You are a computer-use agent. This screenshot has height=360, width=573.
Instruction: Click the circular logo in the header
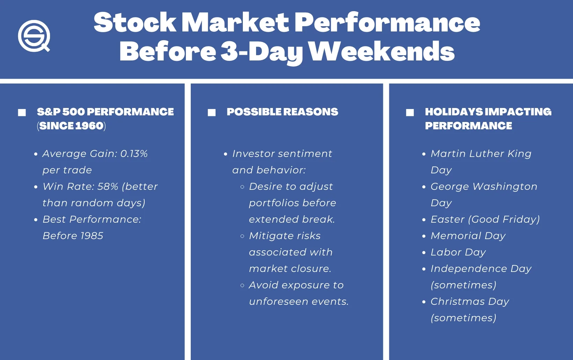(x=34, y=36)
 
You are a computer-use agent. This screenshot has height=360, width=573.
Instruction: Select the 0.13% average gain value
(x=134, y=153)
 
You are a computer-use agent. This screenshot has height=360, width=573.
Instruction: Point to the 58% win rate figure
(x=108, y=186)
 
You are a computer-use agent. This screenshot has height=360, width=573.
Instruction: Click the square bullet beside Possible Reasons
(x=211, y=112)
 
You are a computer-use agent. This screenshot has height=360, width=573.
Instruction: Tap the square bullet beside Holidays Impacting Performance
(x=410, y=112)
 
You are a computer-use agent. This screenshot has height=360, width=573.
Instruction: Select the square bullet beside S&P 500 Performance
(x=22, y=112)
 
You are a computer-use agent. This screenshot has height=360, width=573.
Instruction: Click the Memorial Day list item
(x=468, y=236)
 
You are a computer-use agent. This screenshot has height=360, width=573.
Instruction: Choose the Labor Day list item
(x=458, y=252)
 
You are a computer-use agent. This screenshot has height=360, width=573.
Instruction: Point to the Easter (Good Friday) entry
(x=485, y=219)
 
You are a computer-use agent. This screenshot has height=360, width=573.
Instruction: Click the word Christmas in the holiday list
(x=458, y=301)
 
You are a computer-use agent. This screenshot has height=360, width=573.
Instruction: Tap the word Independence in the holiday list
(x=469, y=269)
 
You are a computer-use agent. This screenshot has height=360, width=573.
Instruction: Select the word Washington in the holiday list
(x=505, y=187)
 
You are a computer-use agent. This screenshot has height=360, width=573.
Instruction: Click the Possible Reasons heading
(x=282, y=112)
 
